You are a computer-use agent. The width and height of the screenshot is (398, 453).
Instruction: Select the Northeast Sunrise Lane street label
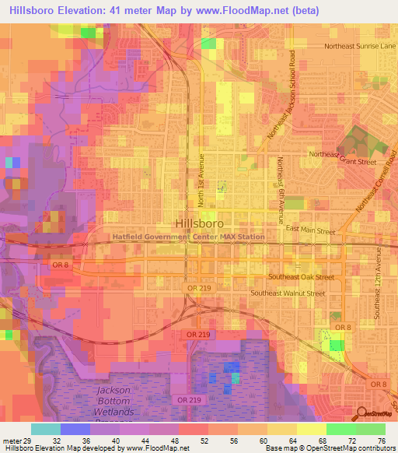point(361,46)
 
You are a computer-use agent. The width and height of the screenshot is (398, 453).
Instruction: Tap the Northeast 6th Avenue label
point(279,181)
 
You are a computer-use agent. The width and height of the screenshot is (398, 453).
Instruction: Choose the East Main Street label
point(310,231)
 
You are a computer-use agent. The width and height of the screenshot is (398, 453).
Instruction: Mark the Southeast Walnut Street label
point(288,293)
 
